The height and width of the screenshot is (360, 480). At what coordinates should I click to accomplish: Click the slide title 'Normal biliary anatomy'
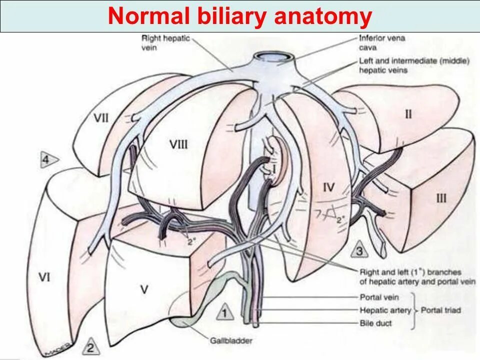coord(239,17)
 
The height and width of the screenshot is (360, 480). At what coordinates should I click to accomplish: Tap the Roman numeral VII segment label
coord(101,118)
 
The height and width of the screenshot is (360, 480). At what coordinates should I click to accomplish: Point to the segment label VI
coord(44,276)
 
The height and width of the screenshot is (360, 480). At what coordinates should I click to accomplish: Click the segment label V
coord(144,288)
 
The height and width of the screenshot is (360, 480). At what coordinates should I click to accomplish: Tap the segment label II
coord(408,114)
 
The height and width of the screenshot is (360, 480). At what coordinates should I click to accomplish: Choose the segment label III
coord(440,198)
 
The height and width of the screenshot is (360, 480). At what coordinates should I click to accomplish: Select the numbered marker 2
coord(90,346)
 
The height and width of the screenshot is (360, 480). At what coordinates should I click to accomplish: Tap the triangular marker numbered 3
coord(359,250)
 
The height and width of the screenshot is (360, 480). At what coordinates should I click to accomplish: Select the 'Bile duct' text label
coord(376,323)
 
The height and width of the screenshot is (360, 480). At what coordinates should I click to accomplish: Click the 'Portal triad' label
coord(440,310)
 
